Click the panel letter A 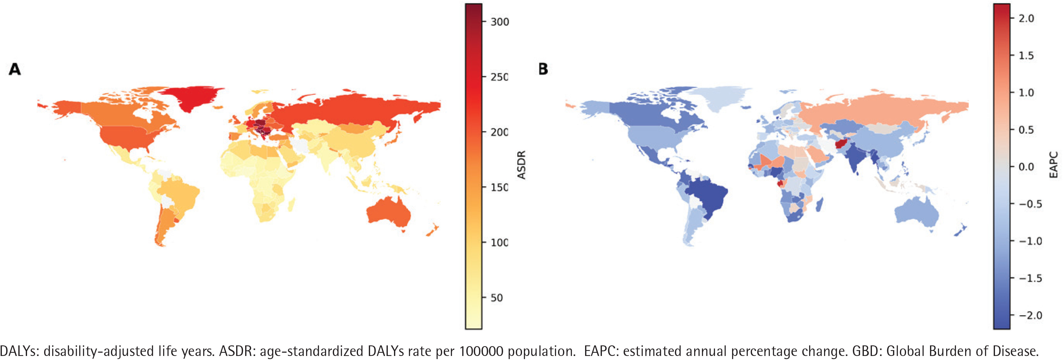(15, 69)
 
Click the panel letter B (543, 69)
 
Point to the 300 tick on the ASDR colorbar (500, 22)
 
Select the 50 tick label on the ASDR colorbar (497, 298)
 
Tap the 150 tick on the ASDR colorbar (499, 187)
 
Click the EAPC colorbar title (1053, 165)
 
